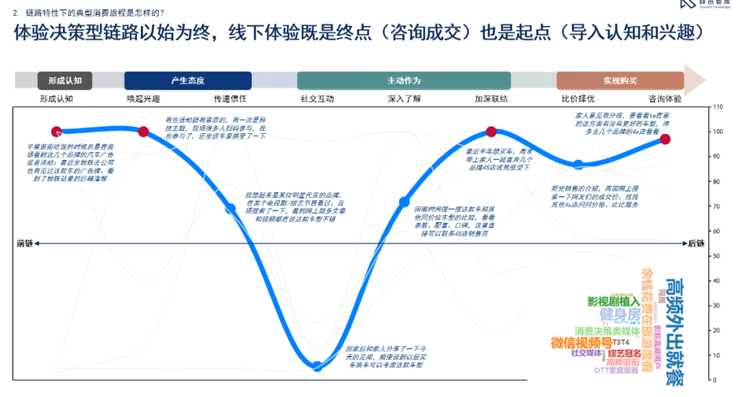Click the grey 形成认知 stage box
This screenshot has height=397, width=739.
tap(65, 81)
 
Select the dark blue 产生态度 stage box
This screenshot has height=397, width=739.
tap(187, 81)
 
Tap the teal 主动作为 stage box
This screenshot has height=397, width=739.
tap(404, 81)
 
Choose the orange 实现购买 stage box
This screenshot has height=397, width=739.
tap(620, 81)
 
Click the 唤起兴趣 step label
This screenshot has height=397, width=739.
tap(144, 98)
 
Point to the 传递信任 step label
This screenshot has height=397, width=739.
tap(230, 98)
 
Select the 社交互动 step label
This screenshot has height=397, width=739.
tap(317, 98)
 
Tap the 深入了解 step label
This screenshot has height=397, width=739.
tap(404, 98)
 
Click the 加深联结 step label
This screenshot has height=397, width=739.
tap(491, 98)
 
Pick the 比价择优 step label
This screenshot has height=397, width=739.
tap(578, 98)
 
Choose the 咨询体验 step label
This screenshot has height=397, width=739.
tap(665, 98)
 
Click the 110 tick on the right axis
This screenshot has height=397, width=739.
tap(718, 107)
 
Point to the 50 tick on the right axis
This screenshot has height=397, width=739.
tap(716, 256)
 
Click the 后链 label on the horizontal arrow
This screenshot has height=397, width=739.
tap(696, 243)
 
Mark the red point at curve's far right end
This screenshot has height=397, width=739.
tap(665, 139)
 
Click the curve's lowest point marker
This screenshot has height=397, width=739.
tap(317, 366)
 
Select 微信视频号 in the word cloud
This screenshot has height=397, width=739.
tap(582, 342)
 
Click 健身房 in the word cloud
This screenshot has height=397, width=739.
tap(620, 315)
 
